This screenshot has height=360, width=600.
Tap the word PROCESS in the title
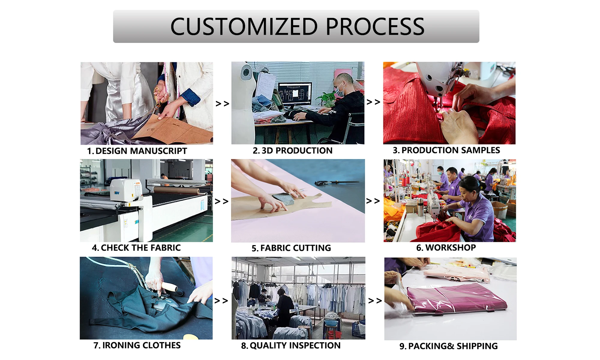point(375,26)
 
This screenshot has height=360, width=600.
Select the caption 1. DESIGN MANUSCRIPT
point(137,151)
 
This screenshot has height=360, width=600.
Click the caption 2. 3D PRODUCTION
point(292,151)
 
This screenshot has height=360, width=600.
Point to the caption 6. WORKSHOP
point(446,247)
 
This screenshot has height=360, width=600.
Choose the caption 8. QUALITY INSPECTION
point(291,346)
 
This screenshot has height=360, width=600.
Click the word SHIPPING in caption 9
point(477,346)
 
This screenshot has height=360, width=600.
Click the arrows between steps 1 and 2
point(222,104)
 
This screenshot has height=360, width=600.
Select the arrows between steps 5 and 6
point(373,201)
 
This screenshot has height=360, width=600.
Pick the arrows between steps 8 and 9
point(375,301)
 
